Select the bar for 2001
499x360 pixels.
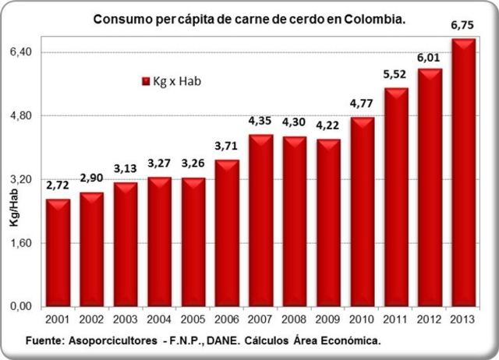58,253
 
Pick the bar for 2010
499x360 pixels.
362,212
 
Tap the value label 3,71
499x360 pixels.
227,148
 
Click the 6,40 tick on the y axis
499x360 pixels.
18,51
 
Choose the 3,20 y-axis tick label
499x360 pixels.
18,179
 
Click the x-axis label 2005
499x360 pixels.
193,321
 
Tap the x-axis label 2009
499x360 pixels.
328,321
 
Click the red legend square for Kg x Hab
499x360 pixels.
145,81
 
